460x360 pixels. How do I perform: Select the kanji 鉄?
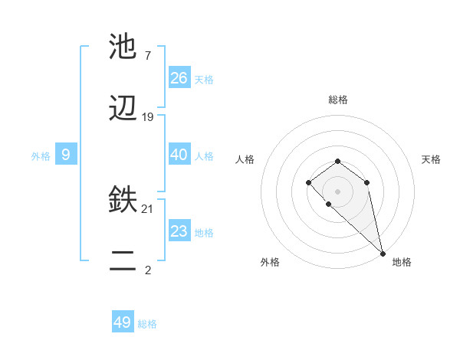click(x=123, y=201)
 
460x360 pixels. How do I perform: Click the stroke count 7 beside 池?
click(x=147, y=56)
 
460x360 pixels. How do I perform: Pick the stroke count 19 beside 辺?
click(x=148, y=117)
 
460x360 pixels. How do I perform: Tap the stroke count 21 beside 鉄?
click(x=148, y=209)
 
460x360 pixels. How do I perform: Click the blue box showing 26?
click(x=179, y=77)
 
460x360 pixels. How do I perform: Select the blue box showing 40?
click(x=179, y=154)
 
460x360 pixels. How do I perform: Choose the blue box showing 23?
click(x=179, y=231)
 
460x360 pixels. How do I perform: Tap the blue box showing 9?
click(x=66, y=155)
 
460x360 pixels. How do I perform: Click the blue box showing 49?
click(x=123, y=322)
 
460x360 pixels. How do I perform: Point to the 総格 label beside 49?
click(x=147, y=324)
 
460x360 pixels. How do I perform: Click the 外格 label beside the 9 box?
click(x=41, y=156)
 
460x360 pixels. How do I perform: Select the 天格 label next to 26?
click(x=204, y=79)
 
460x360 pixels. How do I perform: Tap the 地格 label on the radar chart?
click(x=402, y=262)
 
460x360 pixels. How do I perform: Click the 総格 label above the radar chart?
click(x=337, y=100)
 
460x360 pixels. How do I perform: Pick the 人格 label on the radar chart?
click(x=245, y=159)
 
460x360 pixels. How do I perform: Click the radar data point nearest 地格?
click(x=382, y=253)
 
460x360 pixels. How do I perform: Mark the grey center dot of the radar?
click(x=337, y=191)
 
